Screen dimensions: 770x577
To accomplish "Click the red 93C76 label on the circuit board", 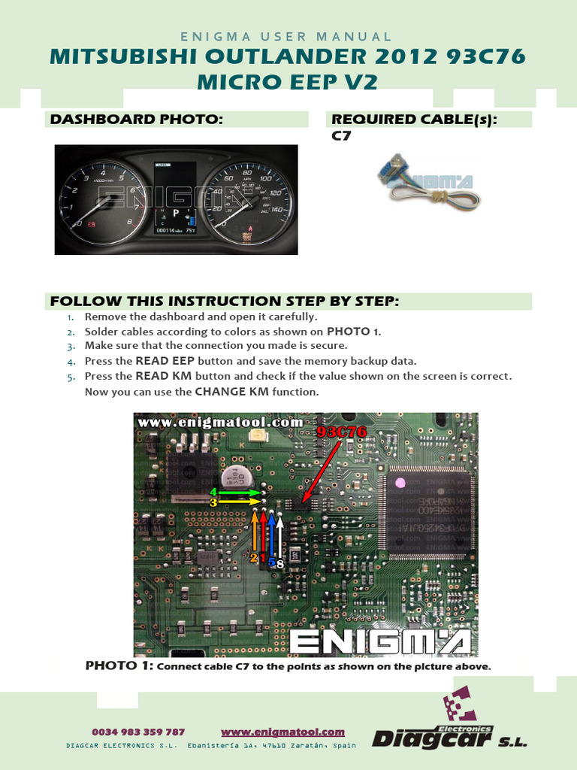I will (x=341, y=432).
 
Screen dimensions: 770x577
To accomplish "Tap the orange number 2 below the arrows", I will (x=253, y=557).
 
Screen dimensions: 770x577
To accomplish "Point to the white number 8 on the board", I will (x=279, y=562).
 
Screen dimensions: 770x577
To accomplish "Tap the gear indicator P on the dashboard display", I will (x=176, y=213).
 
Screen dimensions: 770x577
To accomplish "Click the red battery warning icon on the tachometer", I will (x=91, y=224).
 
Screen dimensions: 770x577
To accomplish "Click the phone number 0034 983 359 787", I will (x=138, y=732).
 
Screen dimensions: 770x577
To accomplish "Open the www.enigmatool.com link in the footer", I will (x=282, y=732).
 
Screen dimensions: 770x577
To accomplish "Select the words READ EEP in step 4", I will (x=164, y=361).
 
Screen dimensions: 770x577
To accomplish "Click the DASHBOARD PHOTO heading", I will (x=136, y=119).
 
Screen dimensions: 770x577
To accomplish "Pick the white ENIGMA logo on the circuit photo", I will (x=380, y=641).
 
